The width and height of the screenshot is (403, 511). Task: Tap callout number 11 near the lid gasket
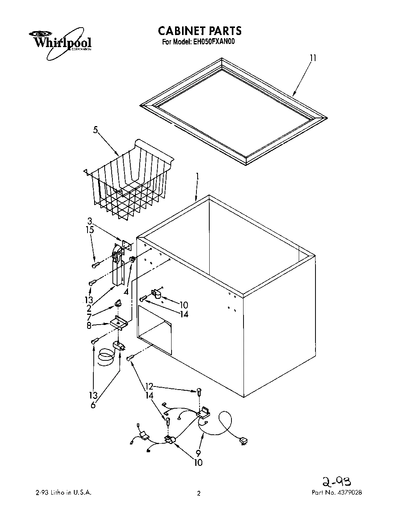313,58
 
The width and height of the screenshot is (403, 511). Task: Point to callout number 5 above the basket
95,130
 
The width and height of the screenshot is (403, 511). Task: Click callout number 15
90,230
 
